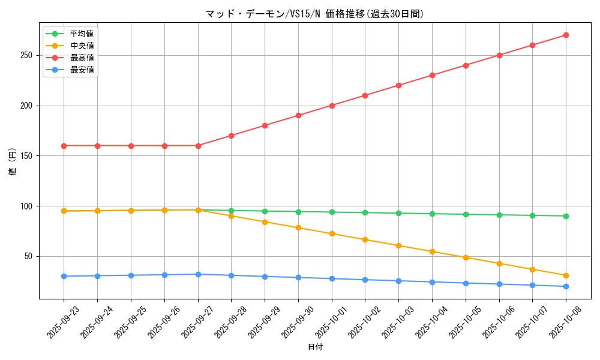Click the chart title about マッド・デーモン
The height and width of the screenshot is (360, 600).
pos(314,14)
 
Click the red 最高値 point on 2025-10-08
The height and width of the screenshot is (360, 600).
pos(566,35)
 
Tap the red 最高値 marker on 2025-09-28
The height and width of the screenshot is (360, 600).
pos(231,136)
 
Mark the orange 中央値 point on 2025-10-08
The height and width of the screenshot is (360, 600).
pos(566,275)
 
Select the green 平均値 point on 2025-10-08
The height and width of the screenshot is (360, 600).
pos(566,216)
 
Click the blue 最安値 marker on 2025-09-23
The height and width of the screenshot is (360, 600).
pos(64,276)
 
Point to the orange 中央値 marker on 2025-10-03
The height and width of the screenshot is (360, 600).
pos(398,245)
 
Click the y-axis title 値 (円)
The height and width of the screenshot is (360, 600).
pos(13,162)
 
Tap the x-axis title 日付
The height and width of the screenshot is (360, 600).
pos(315,347)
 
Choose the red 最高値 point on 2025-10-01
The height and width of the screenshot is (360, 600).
pos(331,106)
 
